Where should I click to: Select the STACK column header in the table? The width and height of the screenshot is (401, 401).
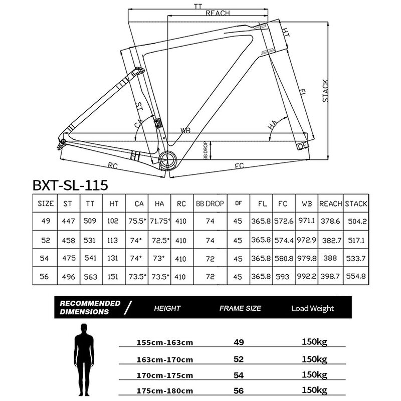[356, 204]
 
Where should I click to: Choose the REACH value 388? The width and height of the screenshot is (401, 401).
[330, 258]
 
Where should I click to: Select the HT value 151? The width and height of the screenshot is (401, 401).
[113, 277]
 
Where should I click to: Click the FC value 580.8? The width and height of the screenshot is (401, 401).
[283, 258]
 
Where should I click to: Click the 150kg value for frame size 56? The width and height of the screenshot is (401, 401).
[314, 389]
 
